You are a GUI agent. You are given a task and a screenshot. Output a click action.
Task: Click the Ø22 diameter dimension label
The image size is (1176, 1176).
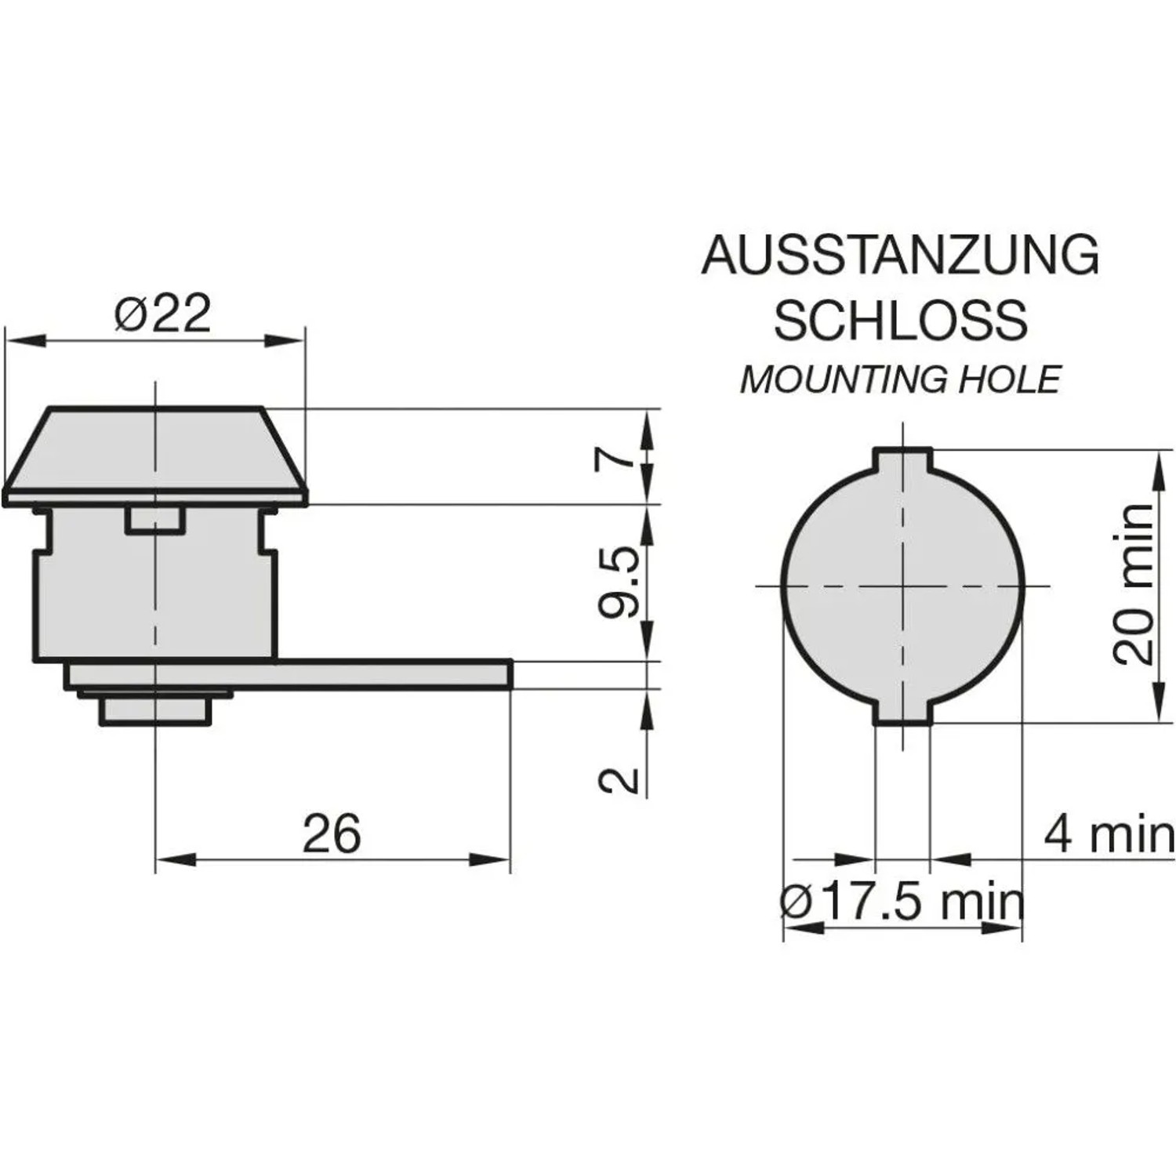pos(163,314)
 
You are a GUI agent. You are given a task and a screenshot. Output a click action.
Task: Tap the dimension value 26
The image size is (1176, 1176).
pos(332,833)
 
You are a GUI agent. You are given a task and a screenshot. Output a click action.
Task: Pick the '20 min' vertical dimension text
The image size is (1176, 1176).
pos(1134,584)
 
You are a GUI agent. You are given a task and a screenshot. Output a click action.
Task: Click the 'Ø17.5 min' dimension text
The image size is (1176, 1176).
pos(902,902)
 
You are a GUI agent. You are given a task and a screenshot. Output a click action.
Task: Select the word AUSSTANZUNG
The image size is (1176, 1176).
pos(901,255)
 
